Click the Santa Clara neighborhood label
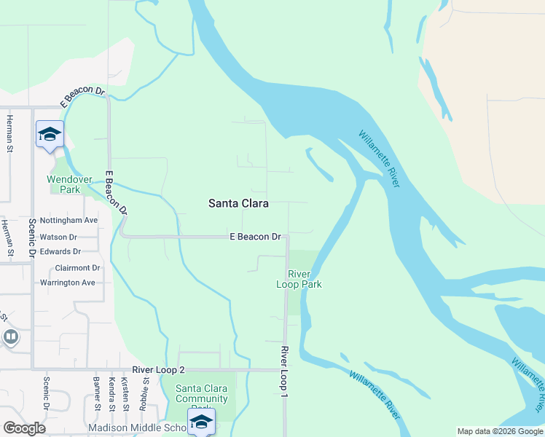click(x=238, y=204)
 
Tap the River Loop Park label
click(x=299, y=279)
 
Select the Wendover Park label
click(x=69, y=184)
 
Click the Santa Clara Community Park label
click(x=201, y=394)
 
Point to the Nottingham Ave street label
click(x=68, y=220)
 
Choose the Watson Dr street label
click(x=58, y=237)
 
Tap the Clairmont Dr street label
click(x=77, y=268)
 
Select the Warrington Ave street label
click(x=67, y=283)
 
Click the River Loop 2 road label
click(x=159, y=370)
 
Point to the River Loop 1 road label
click(x=284, y=371)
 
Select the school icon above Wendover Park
click(x=50, y=135)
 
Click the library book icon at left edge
click(x=10, y=336)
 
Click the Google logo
click(x=24, y=428)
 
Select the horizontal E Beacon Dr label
click(x=255, y=237)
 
